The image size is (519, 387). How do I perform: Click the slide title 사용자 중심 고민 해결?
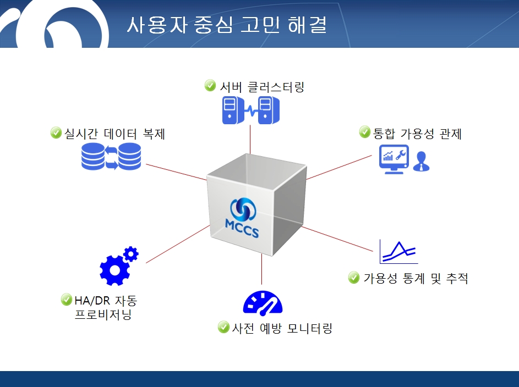click(x=227, y=25)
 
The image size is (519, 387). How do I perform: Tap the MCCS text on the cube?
click(x=242, y=228)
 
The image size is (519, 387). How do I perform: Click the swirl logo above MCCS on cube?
click(x=243, y=208)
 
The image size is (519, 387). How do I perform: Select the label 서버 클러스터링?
click(x=262, y=87)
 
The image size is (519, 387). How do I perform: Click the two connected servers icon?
click(x=251, y=110)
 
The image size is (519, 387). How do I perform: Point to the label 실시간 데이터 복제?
click(x=114, y=134)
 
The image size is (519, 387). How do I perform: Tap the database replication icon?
click(x=111, y=156)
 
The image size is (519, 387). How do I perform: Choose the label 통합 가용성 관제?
click(x=417, y=134)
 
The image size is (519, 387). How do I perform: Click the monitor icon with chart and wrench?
click(x=394, y=159)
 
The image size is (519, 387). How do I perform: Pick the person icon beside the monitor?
click(x=422, y=161)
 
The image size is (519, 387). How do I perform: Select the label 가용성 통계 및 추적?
click(x=416, y=278)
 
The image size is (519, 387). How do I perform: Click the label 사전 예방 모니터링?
click(x=282, y=328)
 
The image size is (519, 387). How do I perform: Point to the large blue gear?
click(x=114, y=270)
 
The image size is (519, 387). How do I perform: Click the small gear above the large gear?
click(x=131, y=255)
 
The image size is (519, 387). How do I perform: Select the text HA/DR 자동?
click(x=106, y=301)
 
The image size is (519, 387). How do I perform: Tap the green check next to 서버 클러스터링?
click(x=210, y=85)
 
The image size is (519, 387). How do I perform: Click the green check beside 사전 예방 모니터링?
click(x=224, y=327)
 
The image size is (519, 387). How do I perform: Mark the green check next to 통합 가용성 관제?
click(x=365, y=132)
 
